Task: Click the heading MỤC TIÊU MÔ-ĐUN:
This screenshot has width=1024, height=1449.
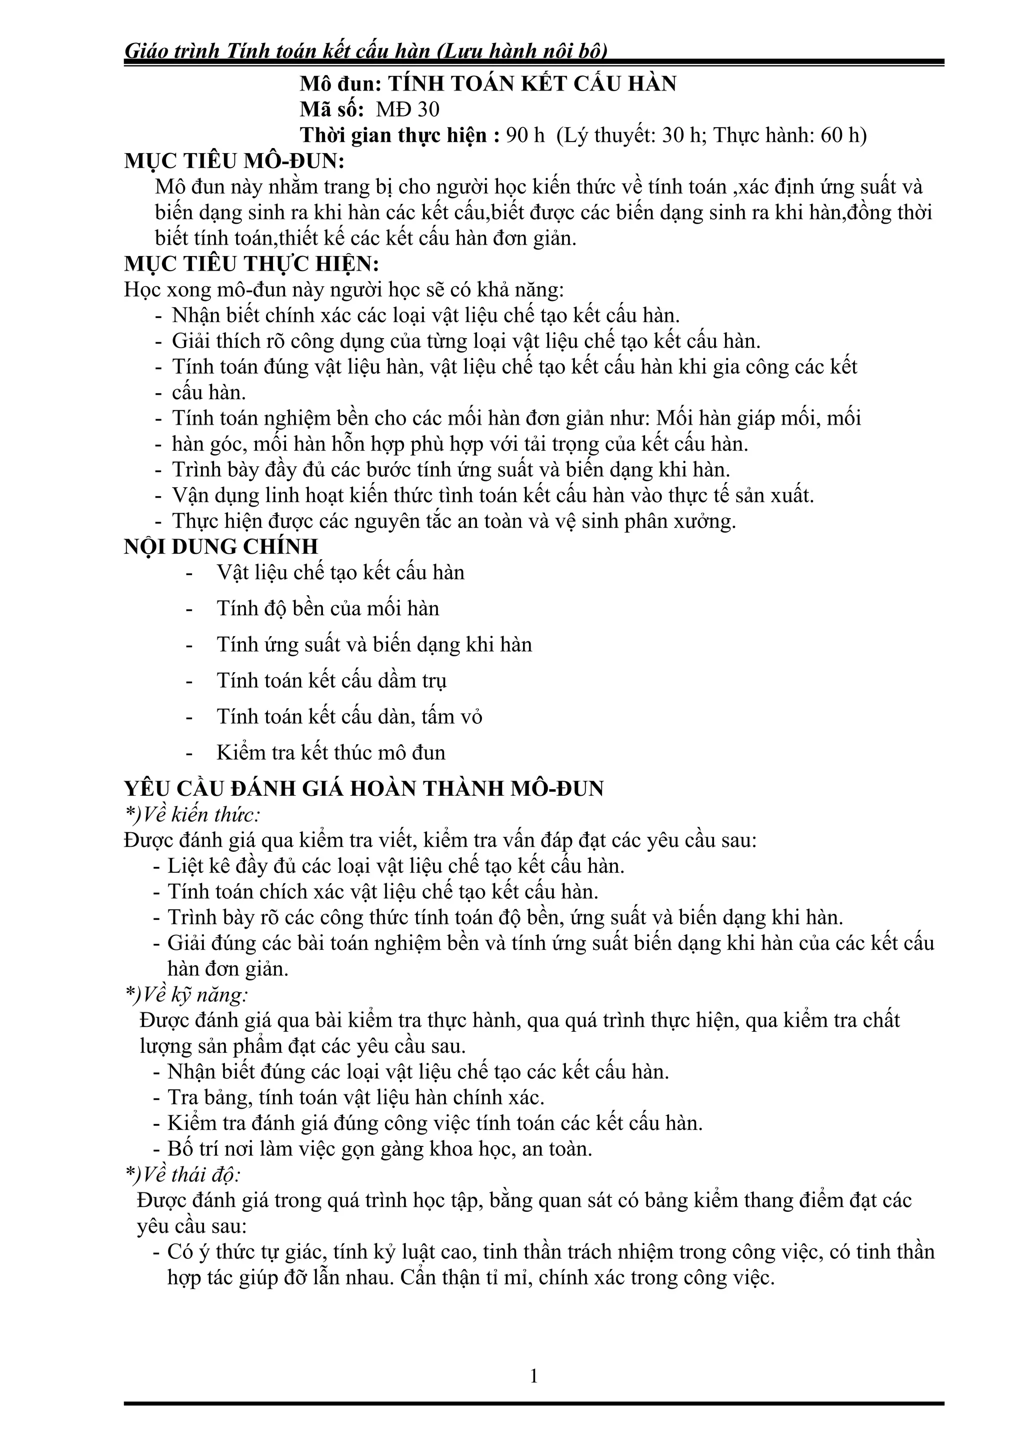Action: [x=234, y=162]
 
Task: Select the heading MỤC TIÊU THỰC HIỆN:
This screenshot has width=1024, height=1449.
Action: [x=251, y=265]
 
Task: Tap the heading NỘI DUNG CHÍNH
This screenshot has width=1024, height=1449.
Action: [x=221, y=547]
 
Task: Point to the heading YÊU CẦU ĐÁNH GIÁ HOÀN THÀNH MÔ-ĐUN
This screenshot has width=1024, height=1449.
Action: [x=364, y=789]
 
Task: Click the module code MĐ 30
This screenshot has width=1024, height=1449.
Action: [x=407, y=110]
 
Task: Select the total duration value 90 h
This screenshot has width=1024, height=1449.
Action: [x=525, y=136]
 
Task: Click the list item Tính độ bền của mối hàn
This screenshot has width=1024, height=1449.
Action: [x=327, y=608]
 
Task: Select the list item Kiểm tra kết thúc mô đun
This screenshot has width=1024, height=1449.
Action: [x=330, y=752]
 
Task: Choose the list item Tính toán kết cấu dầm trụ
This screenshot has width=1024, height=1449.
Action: [x=332, y=680]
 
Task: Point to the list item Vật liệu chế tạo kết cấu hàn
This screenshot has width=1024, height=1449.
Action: [x=340, y=572]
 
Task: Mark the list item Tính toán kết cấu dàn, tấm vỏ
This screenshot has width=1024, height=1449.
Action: [x=349, y=716]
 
